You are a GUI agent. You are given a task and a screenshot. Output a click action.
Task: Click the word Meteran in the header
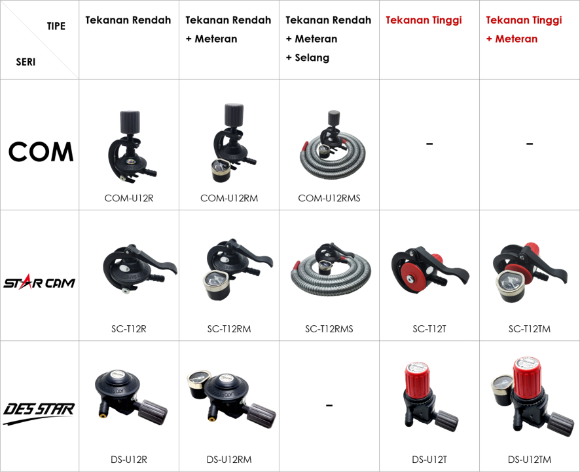coord(517,39)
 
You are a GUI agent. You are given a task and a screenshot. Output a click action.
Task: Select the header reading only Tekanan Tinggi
coord(424,20)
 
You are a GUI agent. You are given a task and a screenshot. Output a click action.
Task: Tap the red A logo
coord(26,283)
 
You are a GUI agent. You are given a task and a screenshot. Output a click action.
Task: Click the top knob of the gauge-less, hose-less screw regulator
coord(127,123)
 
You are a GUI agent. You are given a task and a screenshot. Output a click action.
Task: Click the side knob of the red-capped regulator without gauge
coord(446,418)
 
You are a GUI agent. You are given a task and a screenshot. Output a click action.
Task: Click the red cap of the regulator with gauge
coord(529,376)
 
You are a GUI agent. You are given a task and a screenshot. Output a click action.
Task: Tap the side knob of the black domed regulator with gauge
coord(262,414)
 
